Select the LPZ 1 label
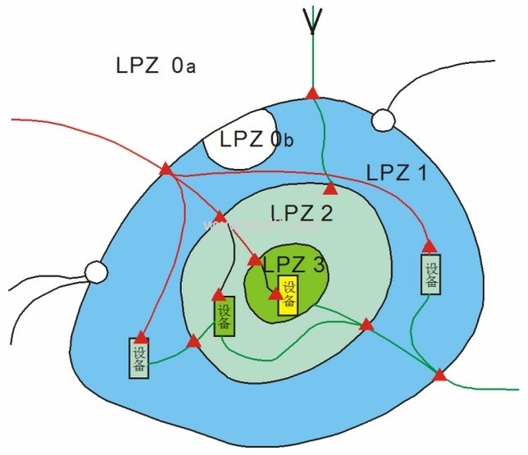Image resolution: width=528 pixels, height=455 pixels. click(397, 173)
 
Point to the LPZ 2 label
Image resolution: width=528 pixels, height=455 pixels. click(302, 214)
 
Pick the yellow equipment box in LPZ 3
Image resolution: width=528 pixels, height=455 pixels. click(288, 296)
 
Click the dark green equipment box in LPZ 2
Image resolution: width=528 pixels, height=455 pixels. click(225, 318)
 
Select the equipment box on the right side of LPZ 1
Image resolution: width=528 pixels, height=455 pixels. click(431, 274)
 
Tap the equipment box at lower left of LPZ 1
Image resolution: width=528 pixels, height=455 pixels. click(139, 357)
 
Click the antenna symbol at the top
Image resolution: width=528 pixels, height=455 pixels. click(312, 20)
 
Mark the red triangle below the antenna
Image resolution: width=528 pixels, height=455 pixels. click(312, 93)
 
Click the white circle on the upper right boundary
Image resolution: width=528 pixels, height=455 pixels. click(382, 120)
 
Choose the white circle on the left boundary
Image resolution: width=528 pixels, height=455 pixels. click(96, 271)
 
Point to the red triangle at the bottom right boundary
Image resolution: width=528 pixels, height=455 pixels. click(439, 375)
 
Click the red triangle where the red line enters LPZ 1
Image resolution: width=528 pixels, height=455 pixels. click(166, 168)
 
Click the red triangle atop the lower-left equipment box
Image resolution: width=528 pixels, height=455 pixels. click(141, 336)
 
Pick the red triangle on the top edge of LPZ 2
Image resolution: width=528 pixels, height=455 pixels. click(330, 188)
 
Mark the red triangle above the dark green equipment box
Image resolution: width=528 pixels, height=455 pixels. click(219, 294)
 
